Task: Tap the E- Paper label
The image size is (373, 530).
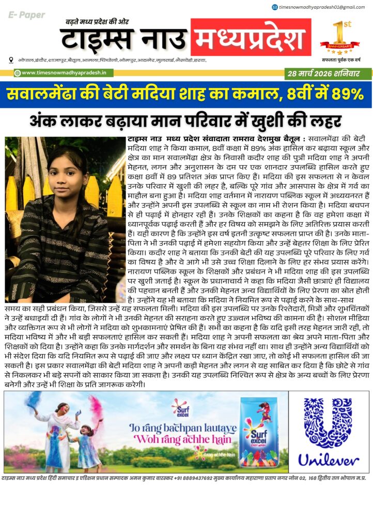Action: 26,16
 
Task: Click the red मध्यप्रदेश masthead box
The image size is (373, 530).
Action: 251,38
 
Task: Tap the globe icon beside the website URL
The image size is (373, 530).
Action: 17,73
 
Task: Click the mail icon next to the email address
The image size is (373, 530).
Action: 274,7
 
